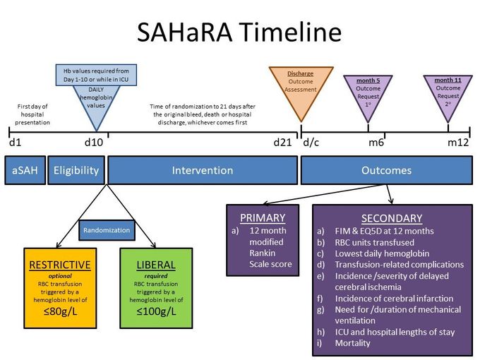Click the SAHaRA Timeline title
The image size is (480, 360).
tap(240, 32)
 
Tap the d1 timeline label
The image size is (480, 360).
tap(15, 143)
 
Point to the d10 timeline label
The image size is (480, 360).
tap(93, 143)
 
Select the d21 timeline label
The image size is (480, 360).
tap(282, 143)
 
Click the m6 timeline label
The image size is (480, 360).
tap(376, 143)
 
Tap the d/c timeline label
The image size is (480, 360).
tap(311, 143)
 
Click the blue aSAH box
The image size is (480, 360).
tap(25, 170)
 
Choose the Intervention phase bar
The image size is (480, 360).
tap(202, 170)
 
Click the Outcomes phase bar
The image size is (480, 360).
tap(386, 170)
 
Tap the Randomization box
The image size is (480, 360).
tap(107, 230)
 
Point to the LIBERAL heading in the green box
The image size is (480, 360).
tap(156, 264)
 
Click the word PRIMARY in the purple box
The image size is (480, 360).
tap(263, 218)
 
